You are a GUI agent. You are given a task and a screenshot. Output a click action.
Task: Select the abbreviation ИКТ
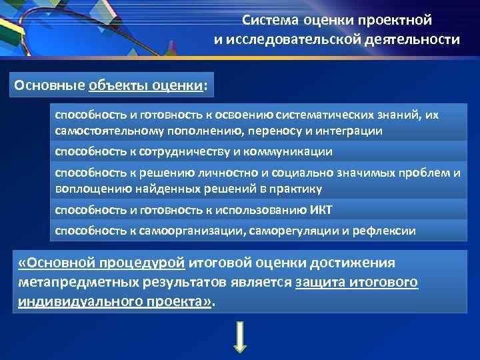click(x=321, y=211)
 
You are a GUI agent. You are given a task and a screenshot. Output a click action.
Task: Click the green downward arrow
click(x=240, y=338)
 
